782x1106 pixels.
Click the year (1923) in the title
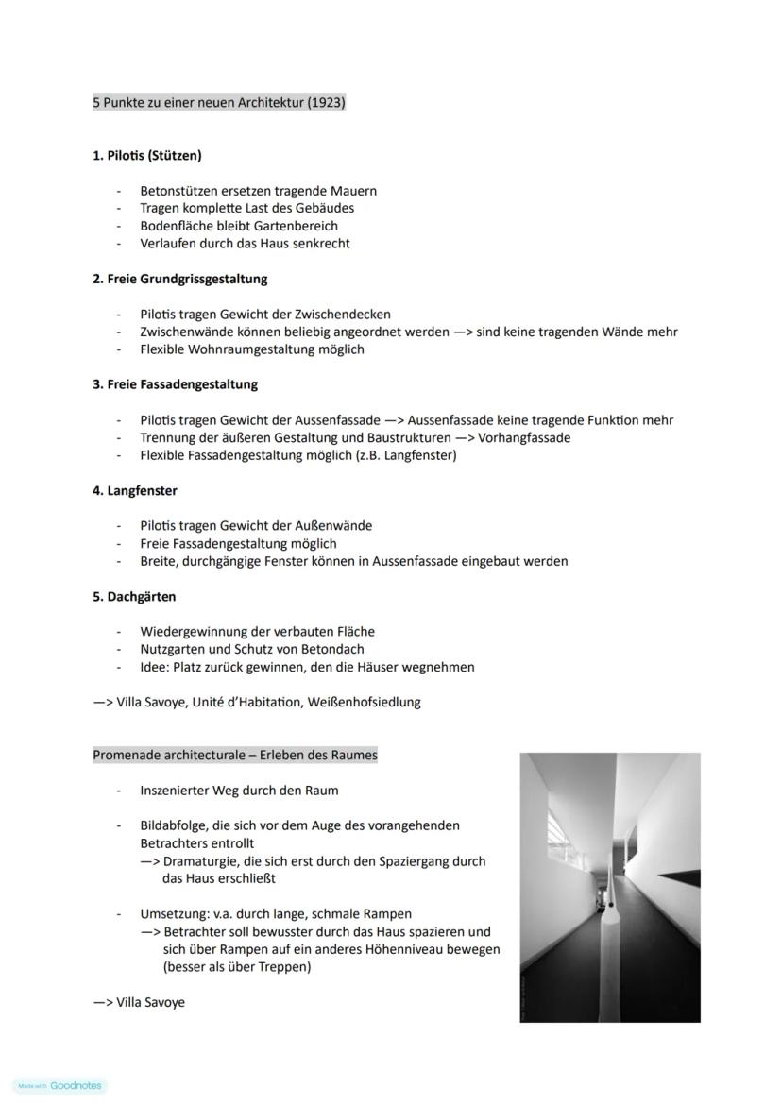click(326, 102)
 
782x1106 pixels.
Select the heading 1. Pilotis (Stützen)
click(146, 155)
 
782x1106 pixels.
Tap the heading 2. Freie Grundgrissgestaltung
click(179, 279)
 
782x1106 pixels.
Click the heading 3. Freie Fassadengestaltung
click(175, 384)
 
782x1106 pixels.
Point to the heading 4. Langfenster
click(134, 491)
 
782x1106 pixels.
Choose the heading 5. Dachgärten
click(134, 597)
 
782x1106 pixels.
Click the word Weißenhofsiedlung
click(364, 702)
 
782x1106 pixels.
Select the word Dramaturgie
click(201, 861)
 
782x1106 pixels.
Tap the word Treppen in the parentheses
click(283, 967)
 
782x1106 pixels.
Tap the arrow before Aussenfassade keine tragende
click(394, 420)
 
